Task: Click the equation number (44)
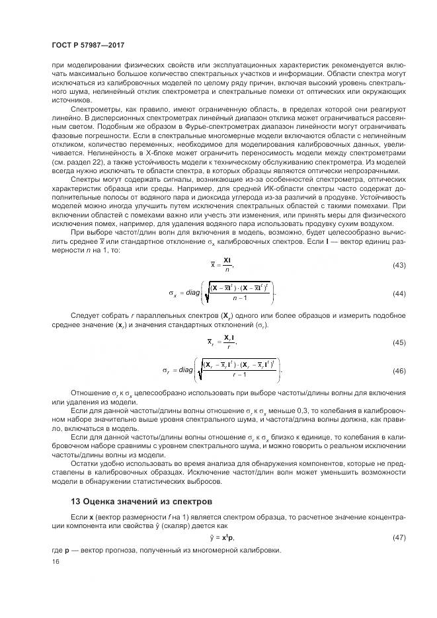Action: click(399, 293)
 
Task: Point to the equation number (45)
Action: click(399, 342)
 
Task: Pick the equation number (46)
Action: click(399, 370)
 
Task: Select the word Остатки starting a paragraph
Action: click(85, 462)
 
